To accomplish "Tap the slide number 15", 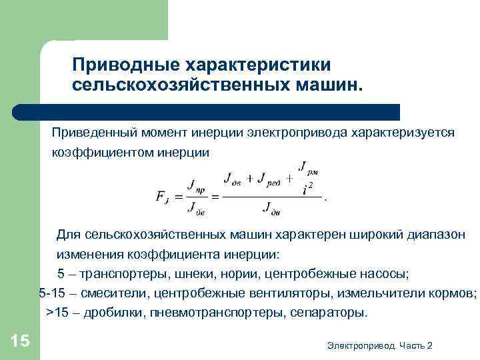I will [21, 341].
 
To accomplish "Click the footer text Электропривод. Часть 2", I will [380, 345].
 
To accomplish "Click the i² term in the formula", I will [307, 189].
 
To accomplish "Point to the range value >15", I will [56, 313].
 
